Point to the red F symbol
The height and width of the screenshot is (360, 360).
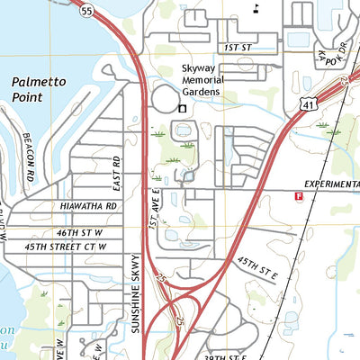point(298,193)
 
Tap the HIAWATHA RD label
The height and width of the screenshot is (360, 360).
point(89,206)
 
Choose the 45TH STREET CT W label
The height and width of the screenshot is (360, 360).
point(66,246)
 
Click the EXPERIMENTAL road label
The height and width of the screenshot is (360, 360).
point(331,184)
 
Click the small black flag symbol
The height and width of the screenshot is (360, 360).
point(256,8)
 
